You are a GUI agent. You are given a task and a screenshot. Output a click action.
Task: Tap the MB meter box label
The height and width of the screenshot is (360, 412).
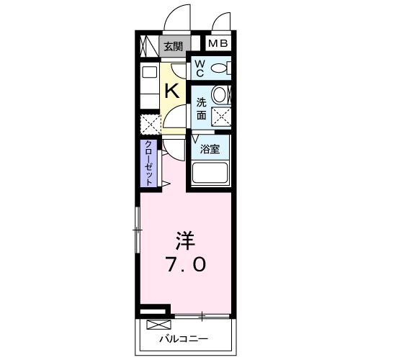point(218,44)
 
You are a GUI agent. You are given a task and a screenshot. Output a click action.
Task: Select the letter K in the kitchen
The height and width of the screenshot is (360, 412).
point(173,91)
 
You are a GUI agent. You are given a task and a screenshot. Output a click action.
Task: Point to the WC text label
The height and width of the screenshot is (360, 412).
point(200,68)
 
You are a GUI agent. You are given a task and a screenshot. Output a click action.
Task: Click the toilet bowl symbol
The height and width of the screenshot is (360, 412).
point(222,68)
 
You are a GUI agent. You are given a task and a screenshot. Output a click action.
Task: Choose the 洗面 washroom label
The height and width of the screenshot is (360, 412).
point(202,107)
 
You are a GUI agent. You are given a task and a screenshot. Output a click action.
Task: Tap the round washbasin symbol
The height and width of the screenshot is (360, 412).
point(223,95)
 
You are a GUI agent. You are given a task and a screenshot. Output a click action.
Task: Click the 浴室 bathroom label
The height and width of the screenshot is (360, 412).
point(210,150)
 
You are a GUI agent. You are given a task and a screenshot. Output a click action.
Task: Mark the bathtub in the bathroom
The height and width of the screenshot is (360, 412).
point(210,174)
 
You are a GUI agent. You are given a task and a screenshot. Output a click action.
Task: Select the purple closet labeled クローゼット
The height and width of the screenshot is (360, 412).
point(149,163)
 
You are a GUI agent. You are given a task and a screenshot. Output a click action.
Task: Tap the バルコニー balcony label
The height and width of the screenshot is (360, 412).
point(183,338)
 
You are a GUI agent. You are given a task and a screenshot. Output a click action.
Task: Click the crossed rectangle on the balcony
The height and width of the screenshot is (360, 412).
point(155,324)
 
